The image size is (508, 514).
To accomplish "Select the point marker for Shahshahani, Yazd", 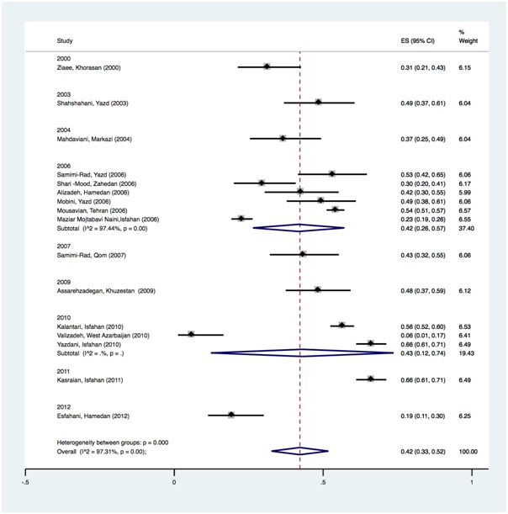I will [x=319, y=102].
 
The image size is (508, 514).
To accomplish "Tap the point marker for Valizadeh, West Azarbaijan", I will [x=191, y=334].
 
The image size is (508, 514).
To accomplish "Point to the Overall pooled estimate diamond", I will [x=299, y=452].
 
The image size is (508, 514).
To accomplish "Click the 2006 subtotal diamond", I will [x=299, y=227].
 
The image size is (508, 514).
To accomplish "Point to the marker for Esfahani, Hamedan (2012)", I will [x=231, y=415].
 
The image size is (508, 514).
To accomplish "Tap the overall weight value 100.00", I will [x=468, y=452].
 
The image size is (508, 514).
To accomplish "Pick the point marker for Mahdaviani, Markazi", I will [x=283, y=138].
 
